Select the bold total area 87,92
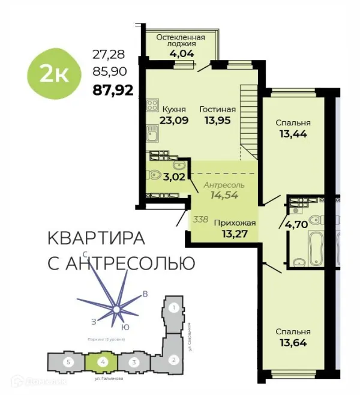[x=112, y=92]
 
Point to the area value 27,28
[x=106, y=55]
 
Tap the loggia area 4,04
[x=180, y=52]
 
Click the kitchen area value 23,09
[x=175, y=120]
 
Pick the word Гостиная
[x=218, y=109]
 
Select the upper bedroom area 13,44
[x=293, y=134]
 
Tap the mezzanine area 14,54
[x=223, y=194]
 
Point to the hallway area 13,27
[x=235, y=234]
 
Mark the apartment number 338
[x=201, y=220]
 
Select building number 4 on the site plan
[x=103, y=363]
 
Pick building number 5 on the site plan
[x=69, y=363]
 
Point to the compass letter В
[x=145, y=294]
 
